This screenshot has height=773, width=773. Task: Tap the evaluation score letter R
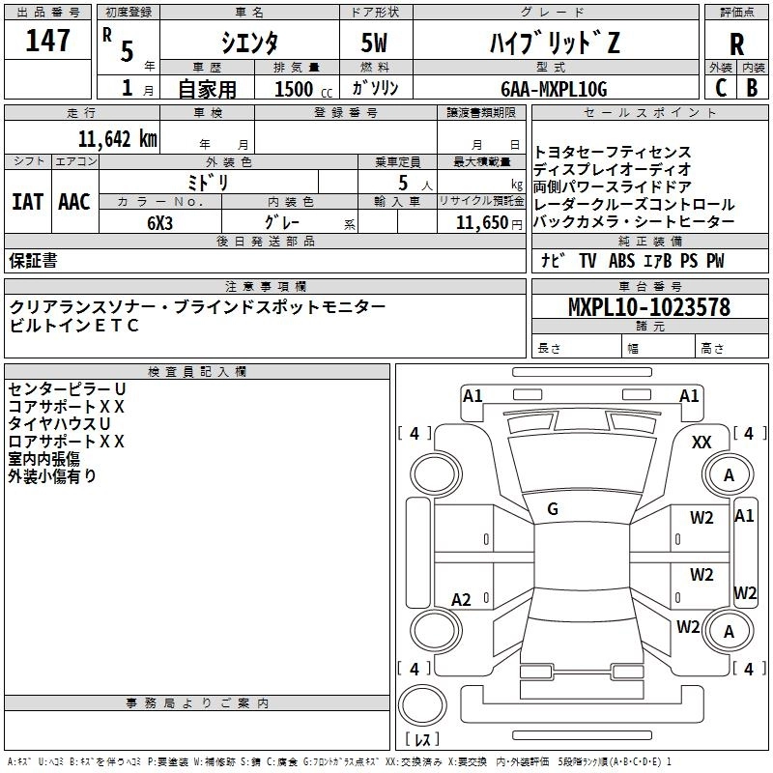click(736, 44)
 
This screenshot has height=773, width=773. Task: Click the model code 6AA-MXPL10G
click(560, 88)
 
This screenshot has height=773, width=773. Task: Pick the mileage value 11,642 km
click(117, 137)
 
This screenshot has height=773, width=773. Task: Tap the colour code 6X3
click(160, 223)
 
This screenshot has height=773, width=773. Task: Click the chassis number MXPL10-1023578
click(648, 307)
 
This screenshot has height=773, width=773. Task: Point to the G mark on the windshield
click(553, 509)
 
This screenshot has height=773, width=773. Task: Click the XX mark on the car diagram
click(702, 443)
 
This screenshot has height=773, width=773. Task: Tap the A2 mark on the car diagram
click(462, 600)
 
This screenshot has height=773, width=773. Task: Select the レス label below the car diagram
click(423, 741)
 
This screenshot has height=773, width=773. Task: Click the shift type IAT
click(27, 202)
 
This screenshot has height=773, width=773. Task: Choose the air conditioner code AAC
click(73, 202)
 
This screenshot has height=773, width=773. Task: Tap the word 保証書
click(33, 261)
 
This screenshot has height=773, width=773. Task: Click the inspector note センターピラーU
click(67, 389)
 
